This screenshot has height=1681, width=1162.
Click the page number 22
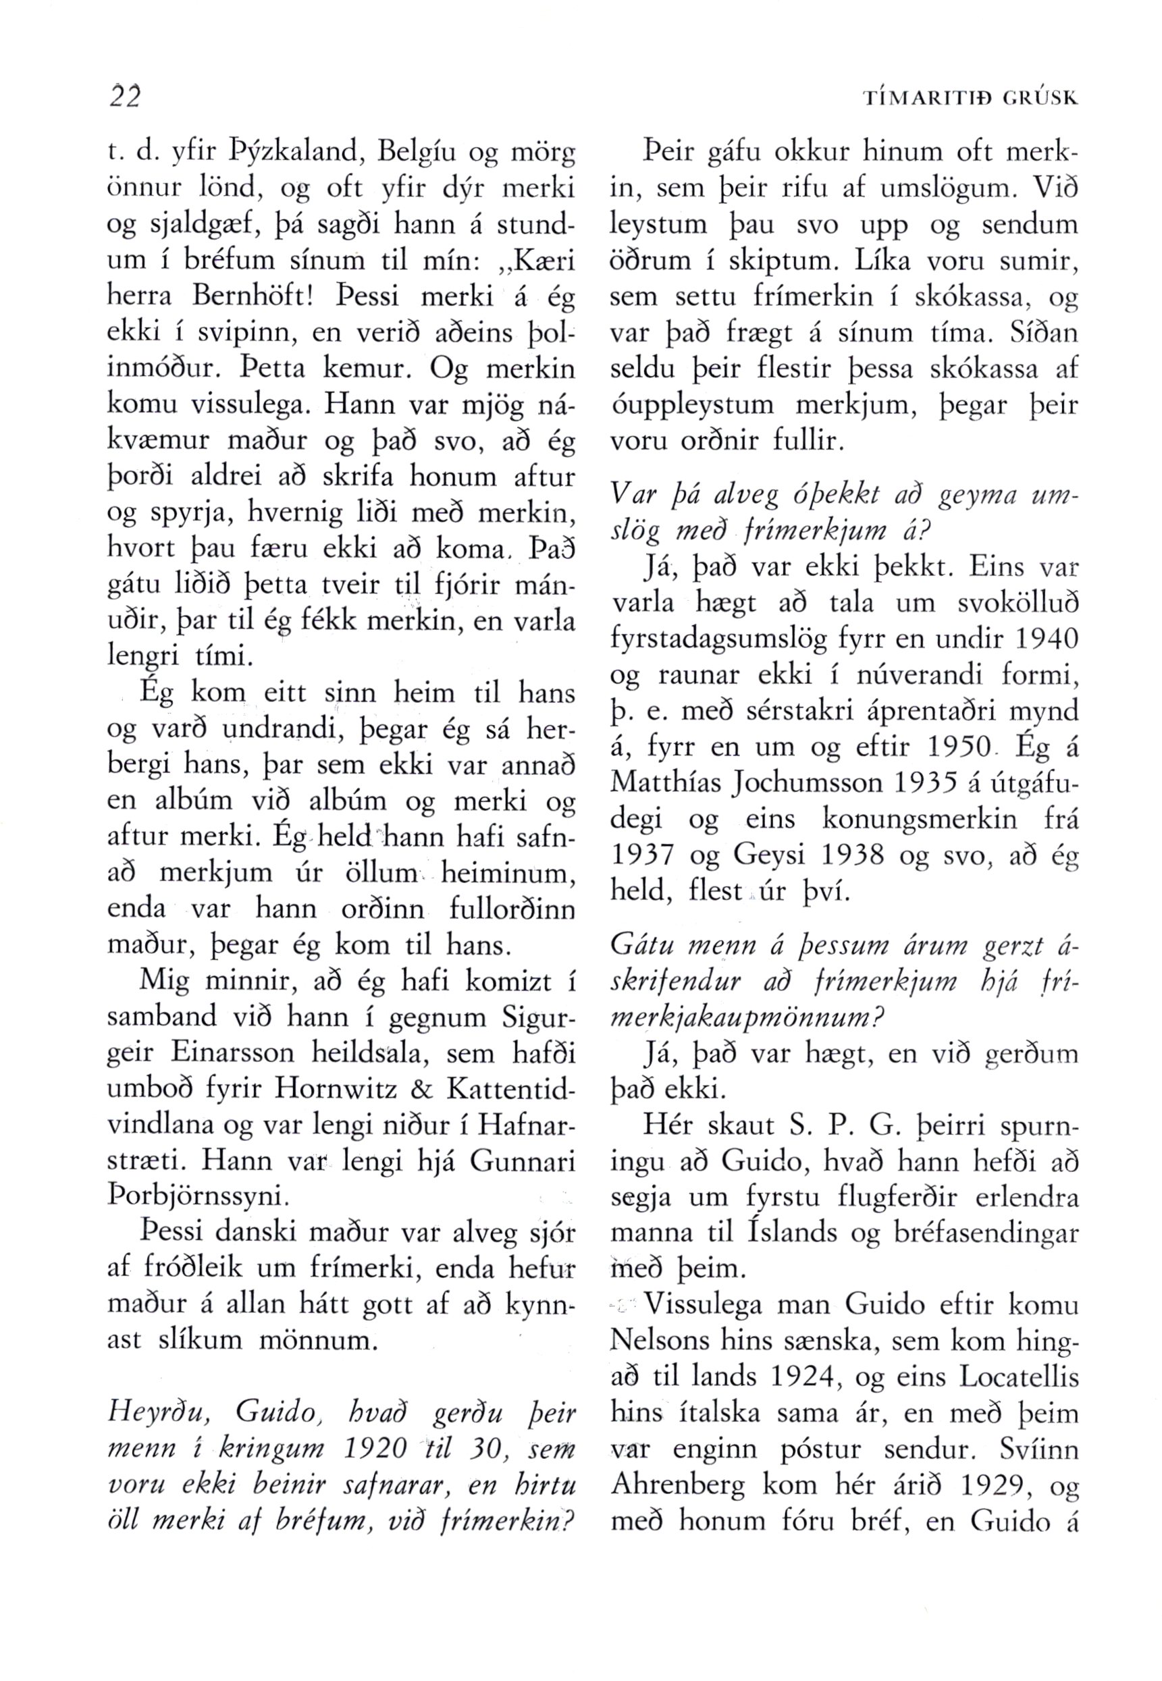click(x=123, y=95)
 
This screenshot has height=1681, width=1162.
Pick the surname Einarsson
click(x=230, y=1053)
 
